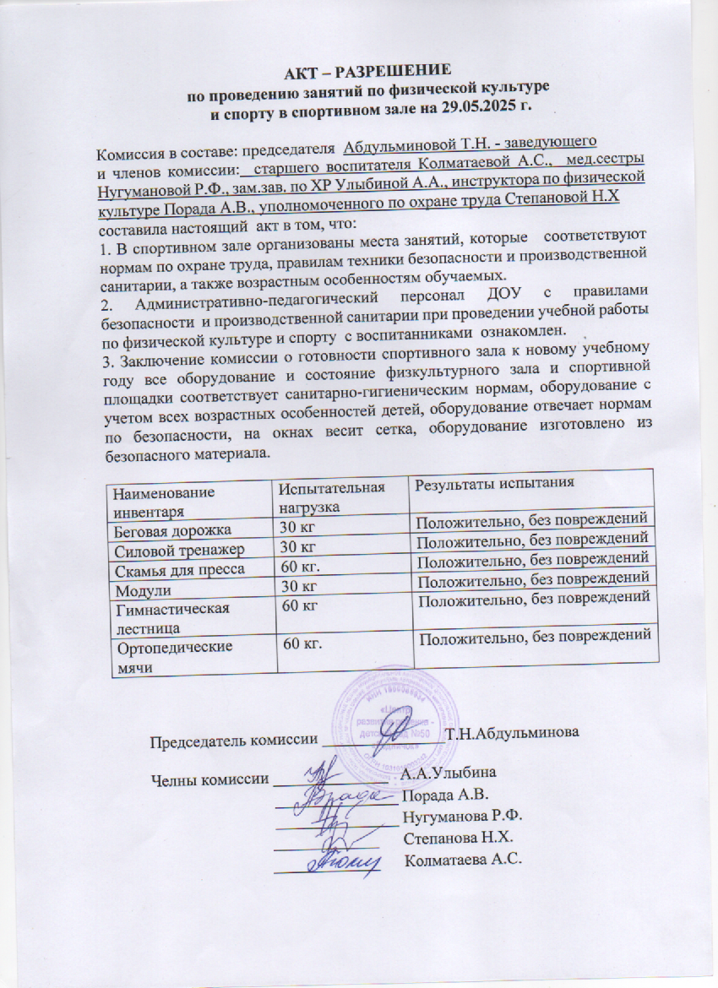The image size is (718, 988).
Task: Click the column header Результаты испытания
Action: click(494, 484)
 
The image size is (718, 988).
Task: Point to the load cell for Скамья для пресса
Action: click(301, 568)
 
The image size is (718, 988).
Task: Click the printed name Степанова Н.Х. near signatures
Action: click(459, 838)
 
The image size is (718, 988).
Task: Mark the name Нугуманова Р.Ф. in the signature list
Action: click(465, 816)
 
